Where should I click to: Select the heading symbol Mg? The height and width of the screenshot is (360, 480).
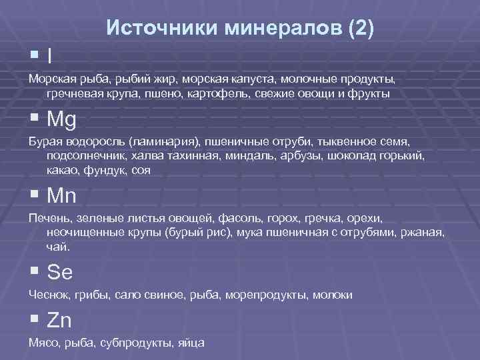coord(62,120)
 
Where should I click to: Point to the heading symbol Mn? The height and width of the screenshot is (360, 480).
coord(62,197)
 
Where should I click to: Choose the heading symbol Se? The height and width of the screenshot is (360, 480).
coord(60,273)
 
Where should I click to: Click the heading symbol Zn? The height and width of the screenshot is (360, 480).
coord(59,321)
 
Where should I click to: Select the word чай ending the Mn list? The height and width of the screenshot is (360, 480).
coord(57,246)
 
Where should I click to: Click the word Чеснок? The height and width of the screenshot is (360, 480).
coord(48,295)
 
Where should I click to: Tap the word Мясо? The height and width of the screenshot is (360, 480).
coord(43,343)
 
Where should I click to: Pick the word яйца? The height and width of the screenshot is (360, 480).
coord(192,343)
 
